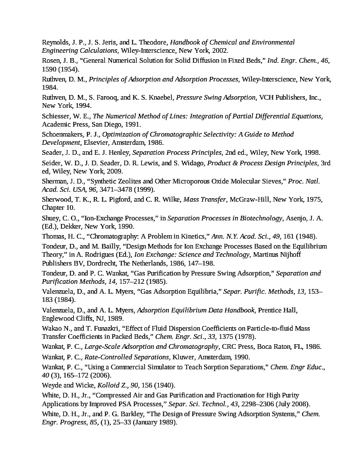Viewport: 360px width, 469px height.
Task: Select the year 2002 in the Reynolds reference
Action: (219, 52)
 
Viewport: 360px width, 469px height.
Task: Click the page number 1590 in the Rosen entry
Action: (51, 70)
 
